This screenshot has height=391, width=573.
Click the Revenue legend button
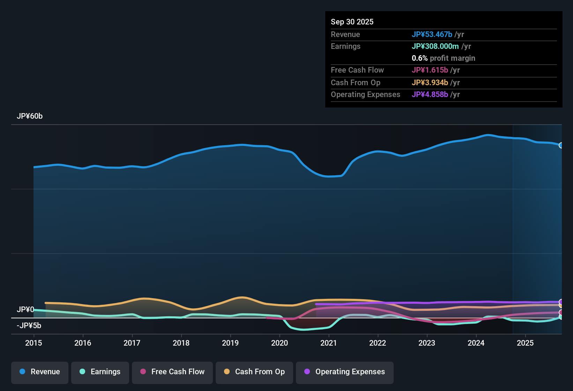(39, 372)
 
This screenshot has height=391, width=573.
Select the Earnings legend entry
(100, 372)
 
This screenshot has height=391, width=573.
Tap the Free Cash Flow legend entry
(172, 372)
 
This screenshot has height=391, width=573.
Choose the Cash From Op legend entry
(254, 372)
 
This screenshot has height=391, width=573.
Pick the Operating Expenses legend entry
(344, 372)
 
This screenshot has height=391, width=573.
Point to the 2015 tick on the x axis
(34, 343)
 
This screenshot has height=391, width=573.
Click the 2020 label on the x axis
(280, 343)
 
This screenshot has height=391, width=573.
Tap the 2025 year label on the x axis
(525, 343)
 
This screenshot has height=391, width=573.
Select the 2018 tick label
(181, 343)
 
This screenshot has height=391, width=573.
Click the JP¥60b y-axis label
(30, 116)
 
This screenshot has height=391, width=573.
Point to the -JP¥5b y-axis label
(29, 326)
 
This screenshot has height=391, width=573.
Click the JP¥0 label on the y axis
(25, 310)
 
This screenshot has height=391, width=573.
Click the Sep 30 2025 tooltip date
(352, 22)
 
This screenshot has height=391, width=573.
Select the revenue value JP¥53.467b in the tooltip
(432, 34)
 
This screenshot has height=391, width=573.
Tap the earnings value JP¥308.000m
(435, 46)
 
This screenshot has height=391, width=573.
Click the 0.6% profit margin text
(443, 58)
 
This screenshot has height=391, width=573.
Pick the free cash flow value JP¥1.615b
(430, 70)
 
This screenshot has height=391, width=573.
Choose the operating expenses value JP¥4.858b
(430, 94)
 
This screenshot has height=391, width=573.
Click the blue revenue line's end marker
(561, 145)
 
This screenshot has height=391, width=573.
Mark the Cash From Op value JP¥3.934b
(430, 82)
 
